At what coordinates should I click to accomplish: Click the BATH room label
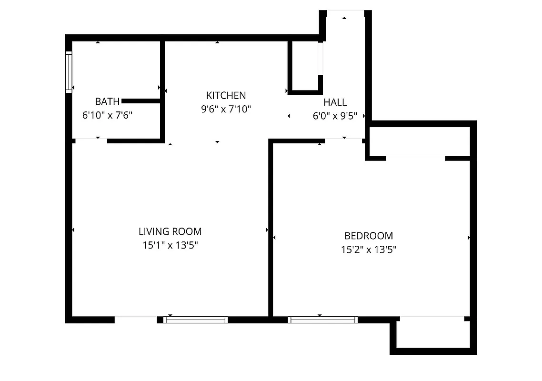coord(107,101)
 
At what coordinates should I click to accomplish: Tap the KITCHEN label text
coord(226,95)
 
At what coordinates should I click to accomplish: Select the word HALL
coord(335,102)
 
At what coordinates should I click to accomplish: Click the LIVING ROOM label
coord(170,231)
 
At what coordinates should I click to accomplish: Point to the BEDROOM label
coord(369,236)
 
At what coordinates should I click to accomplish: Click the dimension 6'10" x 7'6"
coord(107,115)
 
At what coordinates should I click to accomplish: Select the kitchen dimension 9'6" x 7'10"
coord(226,109)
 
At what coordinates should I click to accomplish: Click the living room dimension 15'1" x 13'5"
coord(170,245)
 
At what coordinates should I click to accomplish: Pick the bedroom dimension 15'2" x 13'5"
coord(369,249)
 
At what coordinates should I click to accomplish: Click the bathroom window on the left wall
coord(69,71)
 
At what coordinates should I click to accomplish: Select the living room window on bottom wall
coord(196,320)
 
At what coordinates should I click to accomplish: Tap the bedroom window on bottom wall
coord(323,320)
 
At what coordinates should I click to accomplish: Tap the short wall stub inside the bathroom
coord(141,101)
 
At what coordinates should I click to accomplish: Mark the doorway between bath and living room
coord(91,140)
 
